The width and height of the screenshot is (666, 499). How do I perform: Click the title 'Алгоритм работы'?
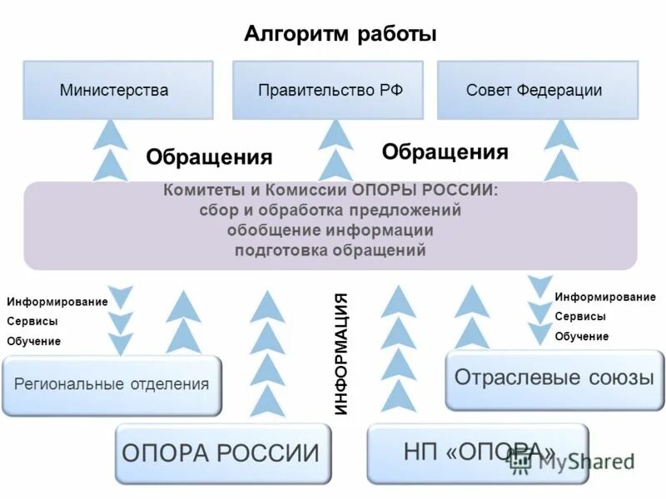[x=340, y=35]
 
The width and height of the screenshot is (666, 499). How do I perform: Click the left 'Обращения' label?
[x=209, y=157]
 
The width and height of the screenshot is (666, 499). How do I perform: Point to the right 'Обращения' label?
[x=445, y=151]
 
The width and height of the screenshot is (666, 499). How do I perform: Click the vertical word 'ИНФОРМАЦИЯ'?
[x=340, y=354]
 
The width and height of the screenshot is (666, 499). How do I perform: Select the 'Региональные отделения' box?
[x=112, y=384]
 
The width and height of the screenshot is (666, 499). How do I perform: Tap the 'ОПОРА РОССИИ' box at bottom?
[x=221, y=453]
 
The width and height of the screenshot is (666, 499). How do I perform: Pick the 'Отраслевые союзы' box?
[x=554, y=378]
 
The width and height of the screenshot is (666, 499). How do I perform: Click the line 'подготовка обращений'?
[x=330, y=250]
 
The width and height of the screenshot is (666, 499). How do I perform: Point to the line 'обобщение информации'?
[x=330, y=230]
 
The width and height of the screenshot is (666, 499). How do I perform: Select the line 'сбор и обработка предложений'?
[x=330, y=210]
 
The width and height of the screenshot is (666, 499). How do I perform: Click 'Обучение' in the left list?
[x=33, y=341]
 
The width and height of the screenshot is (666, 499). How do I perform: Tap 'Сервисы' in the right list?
[x=580, y=317]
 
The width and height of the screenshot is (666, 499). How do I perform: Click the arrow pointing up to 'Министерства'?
[x=111, y=150]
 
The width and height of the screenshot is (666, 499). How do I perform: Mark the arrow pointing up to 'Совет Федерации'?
[x=562, y=150]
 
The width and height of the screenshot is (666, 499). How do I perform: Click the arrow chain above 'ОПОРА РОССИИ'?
[x=267, y=353]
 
